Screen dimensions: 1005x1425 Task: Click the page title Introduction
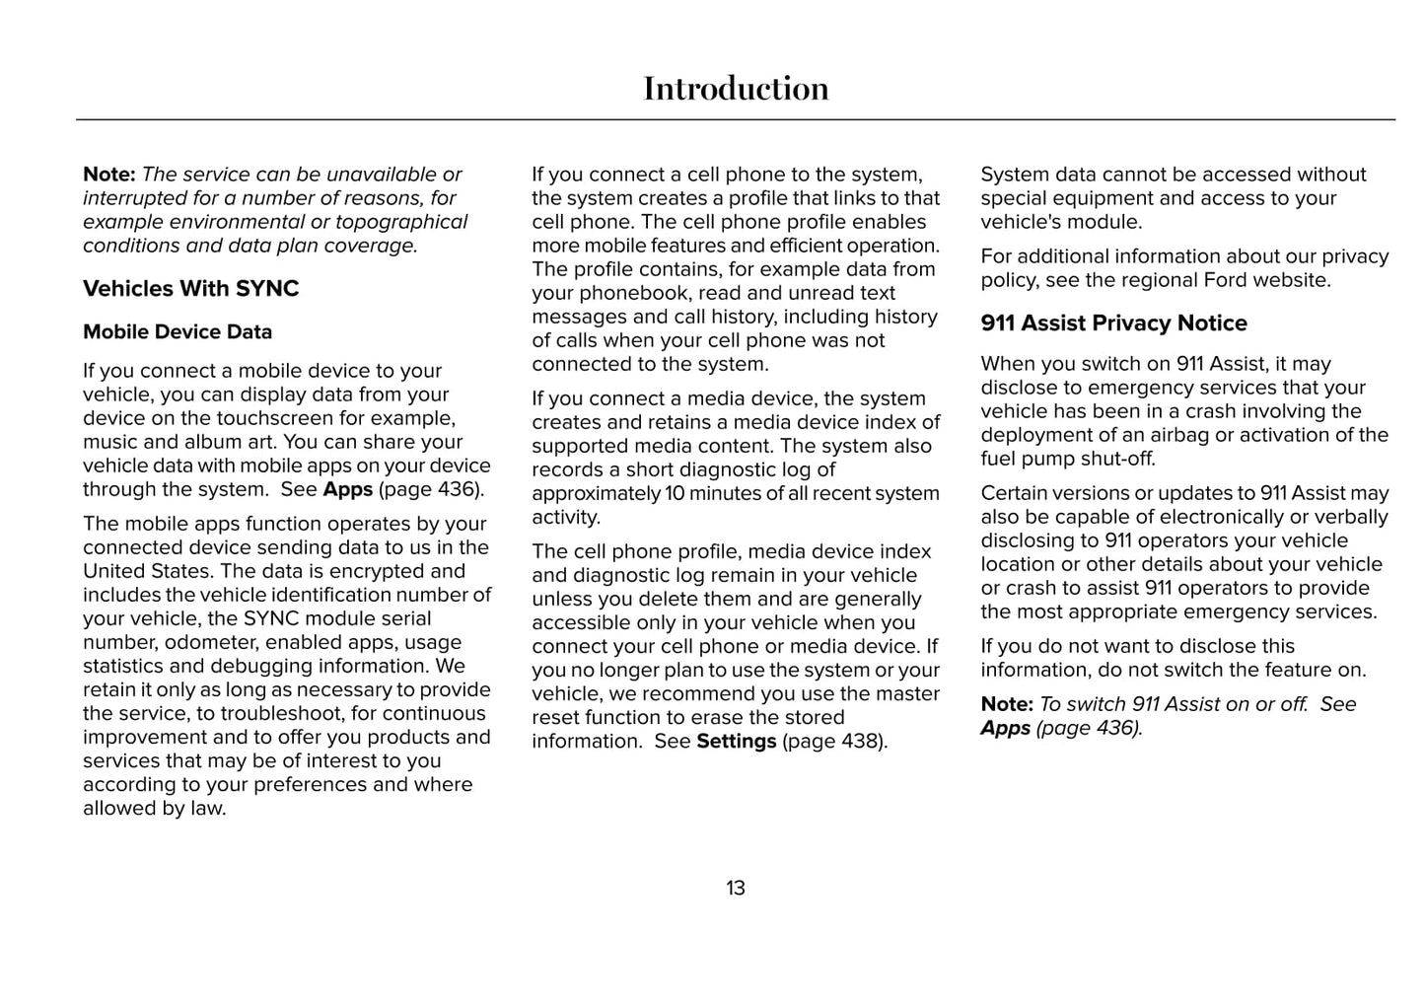coord(736,89)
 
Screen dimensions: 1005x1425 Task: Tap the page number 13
coord(736,889)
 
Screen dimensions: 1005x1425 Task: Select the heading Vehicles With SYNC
coord(190,289)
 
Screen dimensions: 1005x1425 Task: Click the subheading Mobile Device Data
coord(178,332)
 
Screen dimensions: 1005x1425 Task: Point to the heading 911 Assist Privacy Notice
coord(1113,323)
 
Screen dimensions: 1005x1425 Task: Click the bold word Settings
coord(736,742)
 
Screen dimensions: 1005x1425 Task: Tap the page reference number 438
coord(860,742)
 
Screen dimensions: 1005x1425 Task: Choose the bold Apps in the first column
coord(347,490)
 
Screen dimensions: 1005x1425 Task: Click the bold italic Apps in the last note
coord(1005,729)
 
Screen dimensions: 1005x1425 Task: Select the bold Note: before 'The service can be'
coord(108,175)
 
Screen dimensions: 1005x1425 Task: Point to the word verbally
coord(1347,518)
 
